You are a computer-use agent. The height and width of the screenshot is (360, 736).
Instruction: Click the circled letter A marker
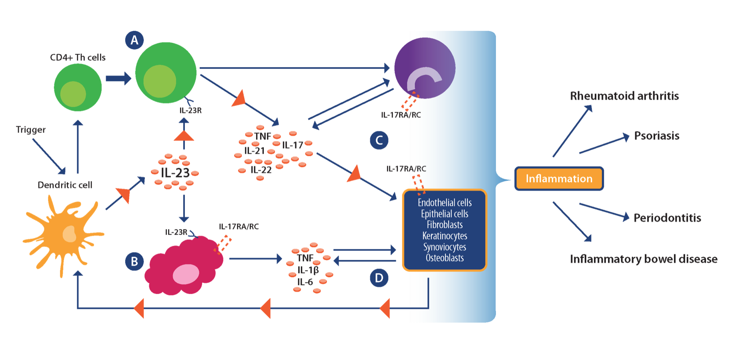(134, 40)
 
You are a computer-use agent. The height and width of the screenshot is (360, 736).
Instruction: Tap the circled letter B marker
(134, 261)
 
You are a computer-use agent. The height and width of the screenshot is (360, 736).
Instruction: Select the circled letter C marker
(379, 140)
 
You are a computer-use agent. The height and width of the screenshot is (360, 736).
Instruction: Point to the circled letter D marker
(379, 278)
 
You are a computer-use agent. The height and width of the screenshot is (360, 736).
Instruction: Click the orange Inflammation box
(559, 179)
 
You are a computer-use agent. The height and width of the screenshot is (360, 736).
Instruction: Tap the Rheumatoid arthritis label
(624, 96)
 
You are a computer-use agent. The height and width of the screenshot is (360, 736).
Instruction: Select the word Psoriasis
(657, 136)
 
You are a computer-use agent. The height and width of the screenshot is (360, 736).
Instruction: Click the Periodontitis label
(667, 218)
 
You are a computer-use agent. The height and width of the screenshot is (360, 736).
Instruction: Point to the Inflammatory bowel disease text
(644, 259)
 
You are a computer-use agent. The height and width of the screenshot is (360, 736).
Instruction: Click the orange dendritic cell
(64, 234)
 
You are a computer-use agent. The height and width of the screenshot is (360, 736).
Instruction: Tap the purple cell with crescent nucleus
(425, 68)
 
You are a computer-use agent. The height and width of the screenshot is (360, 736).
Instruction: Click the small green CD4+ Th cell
(78, 88)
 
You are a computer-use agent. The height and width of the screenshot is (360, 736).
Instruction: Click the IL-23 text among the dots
(175, 173)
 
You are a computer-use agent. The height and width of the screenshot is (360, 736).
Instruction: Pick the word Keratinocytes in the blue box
(445, 236)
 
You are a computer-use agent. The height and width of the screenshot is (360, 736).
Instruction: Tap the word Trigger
(31, 130)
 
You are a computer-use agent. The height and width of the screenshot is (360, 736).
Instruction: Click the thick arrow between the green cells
(118, 78)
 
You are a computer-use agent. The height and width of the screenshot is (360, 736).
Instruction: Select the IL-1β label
(308, 270)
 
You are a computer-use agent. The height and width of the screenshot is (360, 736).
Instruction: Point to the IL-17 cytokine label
(293, 145)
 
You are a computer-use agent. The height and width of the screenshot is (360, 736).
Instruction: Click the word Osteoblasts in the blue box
(445, 258)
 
